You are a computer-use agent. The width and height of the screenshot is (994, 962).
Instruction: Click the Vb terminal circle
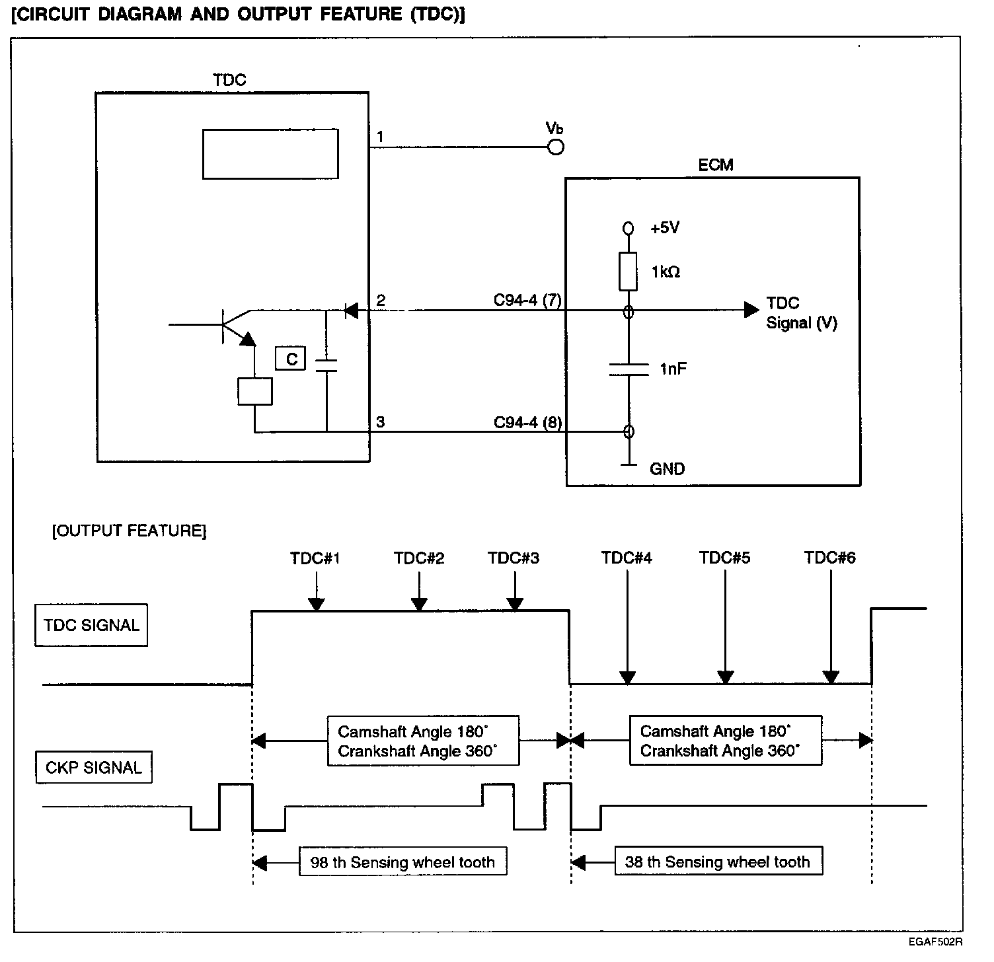click(x=556, y=147)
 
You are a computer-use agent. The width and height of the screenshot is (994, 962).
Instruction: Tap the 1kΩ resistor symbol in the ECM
click(x=628, y=271)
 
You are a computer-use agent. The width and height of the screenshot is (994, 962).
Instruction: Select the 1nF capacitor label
click(x=673, y=369)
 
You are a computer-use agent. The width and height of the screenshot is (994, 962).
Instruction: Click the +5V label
click(x=665, y=228)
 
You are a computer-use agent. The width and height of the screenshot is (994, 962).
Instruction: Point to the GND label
click(x=667, y=469)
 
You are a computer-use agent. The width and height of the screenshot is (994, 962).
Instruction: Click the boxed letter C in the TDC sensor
click(x=291, y=359)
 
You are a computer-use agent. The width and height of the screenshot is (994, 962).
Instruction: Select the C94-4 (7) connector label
click(x=527, y=301)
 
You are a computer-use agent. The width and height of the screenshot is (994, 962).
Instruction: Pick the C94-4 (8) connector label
click(x=527, y=422)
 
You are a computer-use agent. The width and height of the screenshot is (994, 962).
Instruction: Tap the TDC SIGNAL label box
click(x=91, y=625)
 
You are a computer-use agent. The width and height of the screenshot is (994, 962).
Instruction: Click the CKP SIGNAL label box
click(x=94, y=767)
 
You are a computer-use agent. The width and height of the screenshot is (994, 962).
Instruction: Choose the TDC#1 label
click(x=315, y=558)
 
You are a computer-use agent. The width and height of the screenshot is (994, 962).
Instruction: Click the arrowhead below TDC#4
click(x=627, y=677)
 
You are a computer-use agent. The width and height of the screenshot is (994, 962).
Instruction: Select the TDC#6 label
click(x=829, y=558)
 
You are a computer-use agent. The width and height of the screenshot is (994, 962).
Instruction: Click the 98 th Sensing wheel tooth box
click(x=402, y=862)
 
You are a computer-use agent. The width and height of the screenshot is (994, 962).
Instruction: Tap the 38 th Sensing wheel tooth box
click(x=718, y=862)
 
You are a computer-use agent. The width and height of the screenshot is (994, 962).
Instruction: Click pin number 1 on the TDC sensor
click(x=380, y=137)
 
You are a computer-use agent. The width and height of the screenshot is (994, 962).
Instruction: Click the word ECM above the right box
click(x=715, y=165)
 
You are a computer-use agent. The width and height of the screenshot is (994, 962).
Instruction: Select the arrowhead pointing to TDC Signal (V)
click(x=751, y=309)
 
